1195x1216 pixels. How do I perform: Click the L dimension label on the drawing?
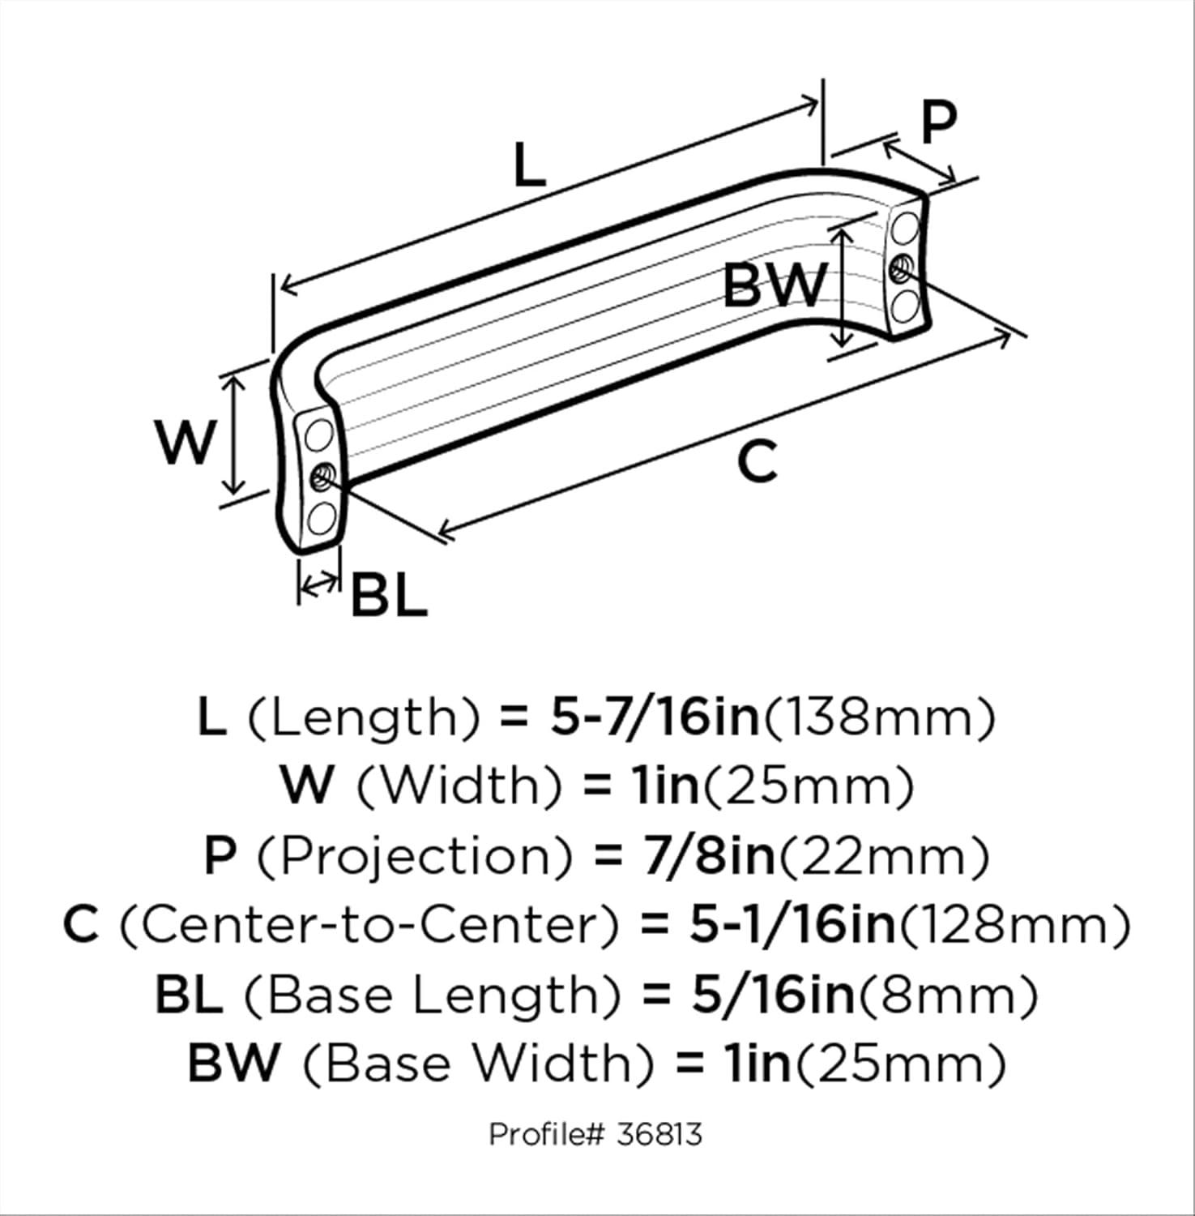[529, 165]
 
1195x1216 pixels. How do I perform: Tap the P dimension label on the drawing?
[938, 122]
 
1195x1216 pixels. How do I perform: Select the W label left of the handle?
[186, 442]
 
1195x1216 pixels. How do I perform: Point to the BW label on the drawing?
[774, 285]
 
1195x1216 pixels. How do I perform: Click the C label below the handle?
[758, 462]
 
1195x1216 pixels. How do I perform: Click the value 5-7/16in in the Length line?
[655, 717]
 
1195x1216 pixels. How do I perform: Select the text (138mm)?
[880, 717]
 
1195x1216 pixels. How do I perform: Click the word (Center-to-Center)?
[369, 925]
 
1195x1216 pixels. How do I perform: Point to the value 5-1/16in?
[792, 925]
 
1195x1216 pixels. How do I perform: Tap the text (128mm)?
[1015, 925]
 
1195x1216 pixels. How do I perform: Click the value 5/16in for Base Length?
[773, 995]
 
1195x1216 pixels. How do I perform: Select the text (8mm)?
[948, 995]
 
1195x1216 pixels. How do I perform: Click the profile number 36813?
[659, 1133]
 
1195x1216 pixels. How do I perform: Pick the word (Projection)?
[415, 856]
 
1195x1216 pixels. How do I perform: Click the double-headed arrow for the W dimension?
[235, 435]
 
